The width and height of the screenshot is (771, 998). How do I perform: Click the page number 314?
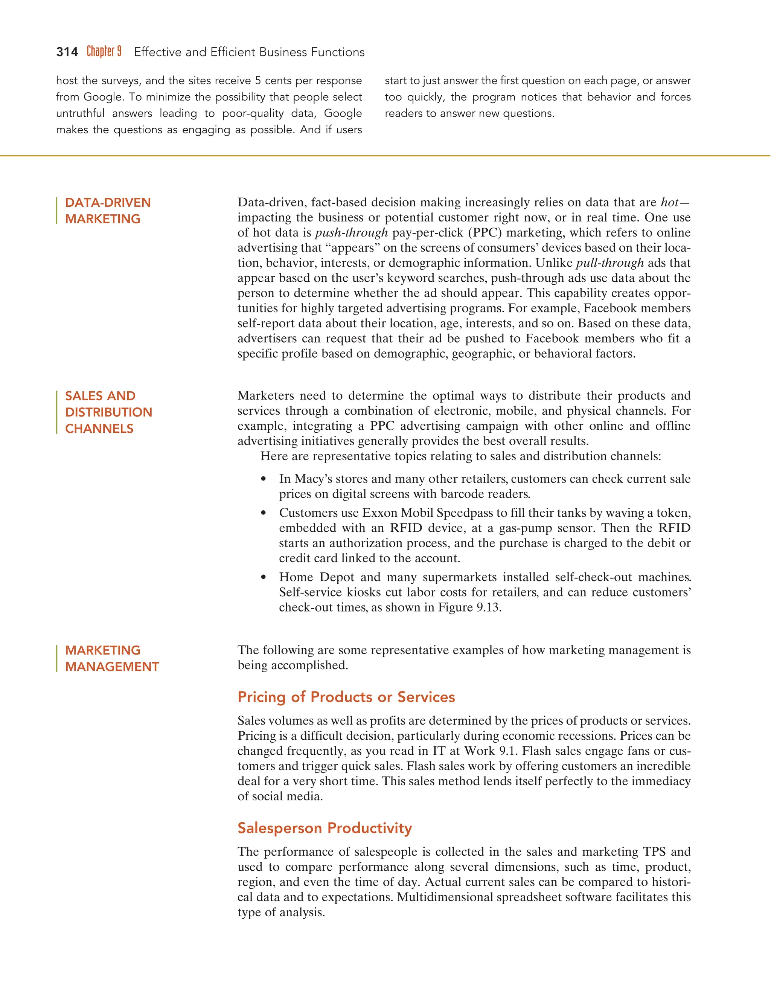pyautogui.click(x=67, y=52)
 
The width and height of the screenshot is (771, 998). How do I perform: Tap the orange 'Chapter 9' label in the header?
pyautogui.click(x=104, y=51)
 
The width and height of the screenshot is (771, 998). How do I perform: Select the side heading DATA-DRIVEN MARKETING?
pyautogui.click(x=108, y=211)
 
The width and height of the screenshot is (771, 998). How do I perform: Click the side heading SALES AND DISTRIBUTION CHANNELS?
pyautogui.click(x=108, y=412)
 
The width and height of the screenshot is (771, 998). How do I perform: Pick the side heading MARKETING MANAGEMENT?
pyautogui.click(x=112, y=658)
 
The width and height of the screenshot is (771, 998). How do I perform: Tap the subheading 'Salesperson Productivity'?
pyautogui.click(x=324, y=828)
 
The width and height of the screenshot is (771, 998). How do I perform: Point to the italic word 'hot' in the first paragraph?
pyautogui.click(x=669, y=203)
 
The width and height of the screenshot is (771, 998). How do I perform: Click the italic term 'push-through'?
pyautogui.click(x=351, y=233)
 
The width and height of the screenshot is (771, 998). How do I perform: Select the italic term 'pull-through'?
pyautogui.click(x=610, y=263)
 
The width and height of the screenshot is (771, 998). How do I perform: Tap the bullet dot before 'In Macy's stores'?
pyautogui.click(x=263, y=479)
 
